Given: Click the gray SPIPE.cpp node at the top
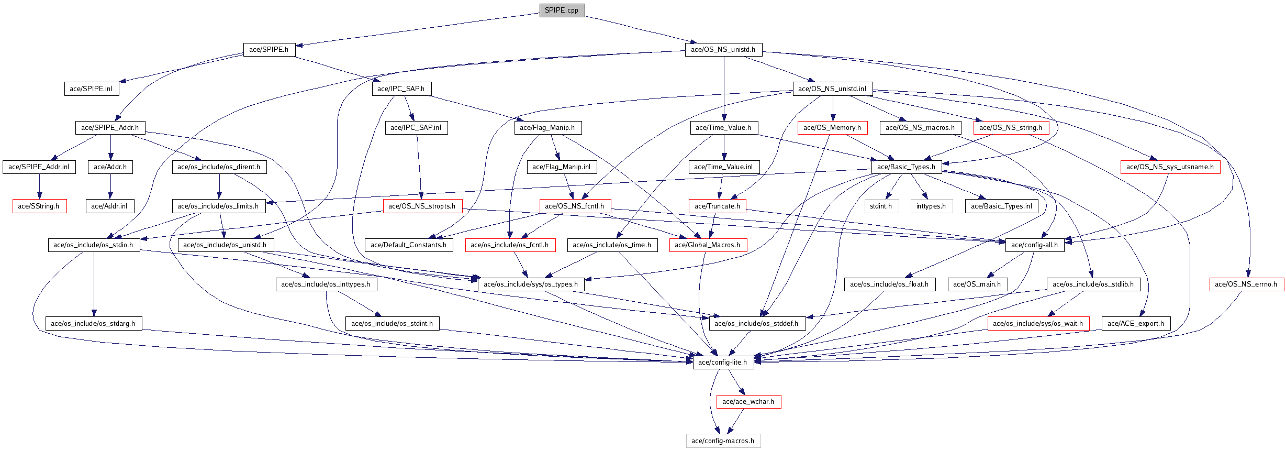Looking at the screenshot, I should [x=562, y=10].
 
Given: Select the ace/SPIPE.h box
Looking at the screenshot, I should [x=269, y=50].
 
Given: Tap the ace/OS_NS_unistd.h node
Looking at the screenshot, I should [x=723, y=50].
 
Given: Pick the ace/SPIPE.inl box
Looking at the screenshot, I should [x=91, y=89].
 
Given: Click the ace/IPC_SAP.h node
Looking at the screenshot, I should [x=401, y=89].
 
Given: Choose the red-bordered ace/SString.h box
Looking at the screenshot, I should [x=39, y=206].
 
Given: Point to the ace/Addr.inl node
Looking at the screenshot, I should [x=109, y=206].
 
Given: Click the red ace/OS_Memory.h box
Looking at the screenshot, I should [x=832, y=128].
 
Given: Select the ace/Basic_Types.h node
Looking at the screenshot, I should [x=906, y=167].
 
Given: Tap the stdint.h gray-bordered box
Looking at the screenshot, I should [x=881, y=206].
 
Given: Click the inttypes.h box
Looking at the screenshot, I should [x=931, y=206].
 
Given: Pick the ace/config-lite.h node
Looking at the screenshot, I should [x=723, y=363].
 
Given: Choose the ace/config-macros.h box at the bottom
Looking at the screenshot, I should [x=723, y=441].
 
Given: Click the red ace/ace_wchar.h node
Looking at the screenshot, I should [x=748, y=402].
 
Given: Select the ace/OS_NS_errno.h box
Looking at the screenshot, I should [x=1246, y=284].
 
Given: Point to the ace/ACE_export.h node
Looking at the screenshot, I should [x=1136, y=324].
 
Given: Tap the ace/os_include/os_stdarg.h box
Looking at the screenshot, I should [x=93, y=324].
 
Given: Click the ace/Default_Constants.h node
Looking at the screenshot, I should [x=409, y=245].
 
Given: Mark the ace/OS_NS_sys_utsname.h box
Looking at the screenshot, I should [x=1170, y=167].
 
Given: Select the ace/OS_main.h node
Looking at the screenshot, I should [x=977, y=284].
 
